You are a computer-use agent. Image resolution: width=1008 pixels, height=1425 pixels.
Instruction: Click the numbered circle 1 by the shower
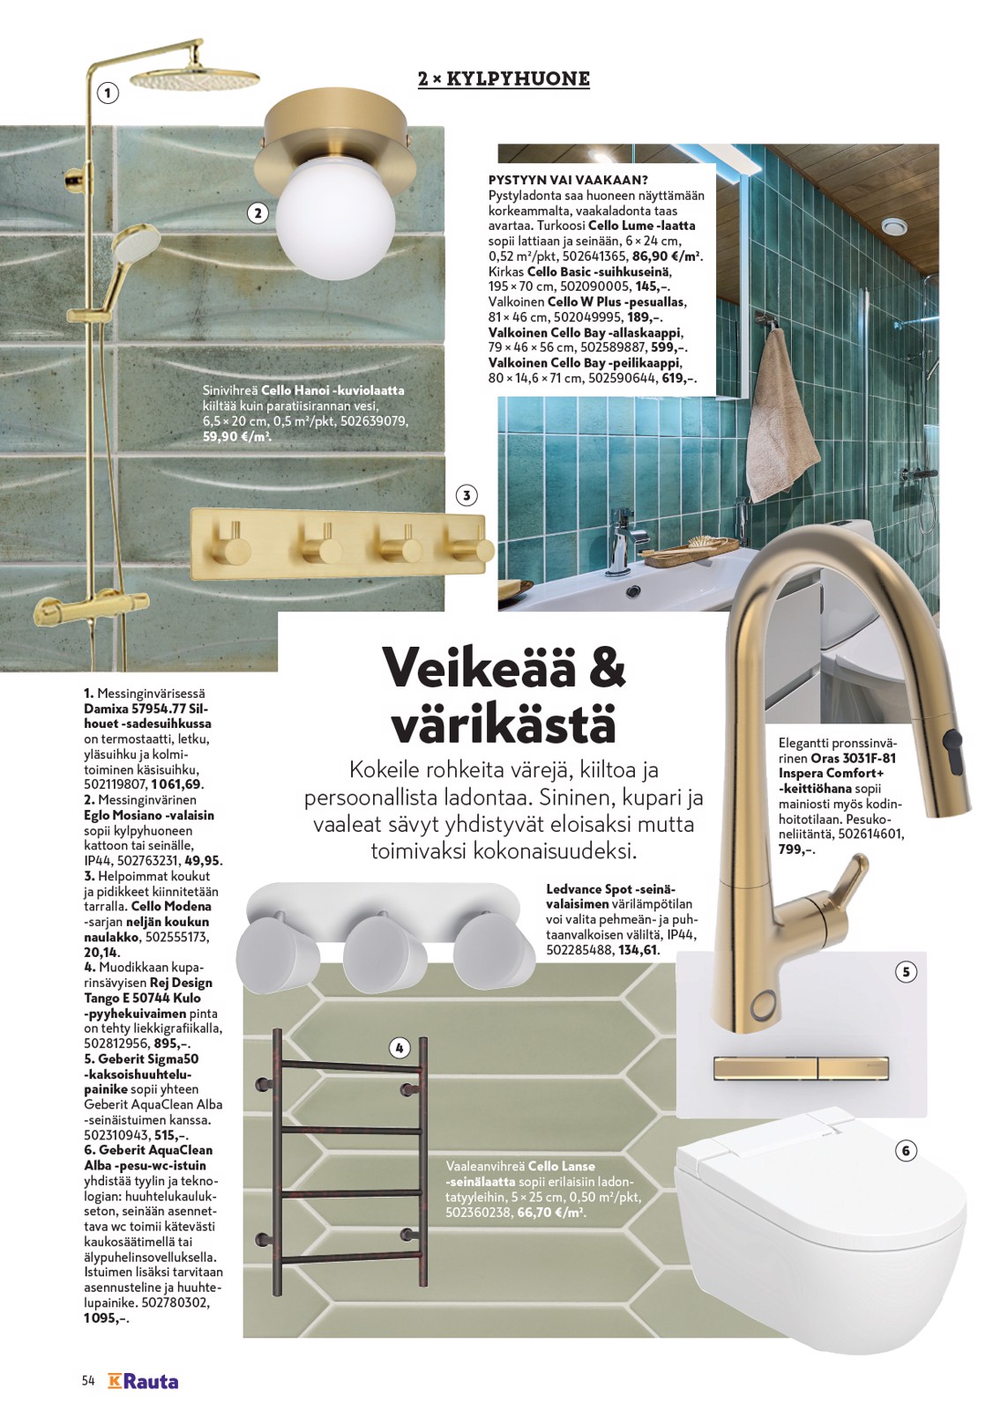pos(108,93)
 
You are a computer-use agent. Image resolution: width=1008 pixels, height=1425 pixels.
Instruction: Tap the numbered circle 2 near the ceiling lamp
pos(258,212)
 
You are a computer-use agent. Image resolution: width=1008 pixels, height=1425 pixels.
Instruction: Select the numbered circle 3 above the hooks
pos(467,495)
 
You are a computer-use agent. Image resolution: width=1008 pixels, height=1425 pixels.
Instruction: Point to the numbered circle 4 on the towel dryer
pos(399,1048)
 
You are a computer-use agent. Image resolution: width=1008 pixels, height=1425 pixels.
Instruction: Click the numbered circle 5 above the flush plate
pos(906,972)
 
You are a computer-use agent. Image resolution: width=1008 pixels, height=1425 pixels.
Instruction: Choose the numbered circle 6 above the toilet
pos(906,1150)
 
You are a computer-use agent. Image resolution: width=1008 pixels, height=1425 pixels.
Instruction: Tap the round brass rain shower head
pos(195,79)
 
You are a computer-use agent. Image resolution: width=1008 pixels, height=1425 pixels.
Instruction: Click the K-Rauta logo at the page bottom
pos(143,1381)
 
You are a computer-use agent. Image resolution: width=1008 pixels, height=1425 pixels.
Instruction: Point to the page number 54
pos(88,1381)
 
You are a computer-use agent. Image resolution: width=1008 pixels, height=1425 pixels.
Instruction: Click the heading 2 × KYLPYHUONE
pos(504,79)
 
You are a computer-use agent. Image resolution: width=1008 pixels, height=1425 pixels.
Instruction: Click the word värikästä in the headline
pos(504,724)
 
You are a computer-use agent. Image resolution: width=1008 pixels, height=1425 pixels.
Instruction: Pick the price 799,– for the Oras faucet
pos(796,850)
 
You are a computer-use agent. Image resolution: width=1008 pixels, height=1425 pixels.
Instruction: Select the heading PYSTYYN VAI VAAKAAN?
pos(568,180)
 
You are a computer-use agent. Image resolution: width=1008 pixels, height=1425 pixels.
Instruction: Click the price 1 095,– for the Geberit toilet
pos(106,1318)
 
